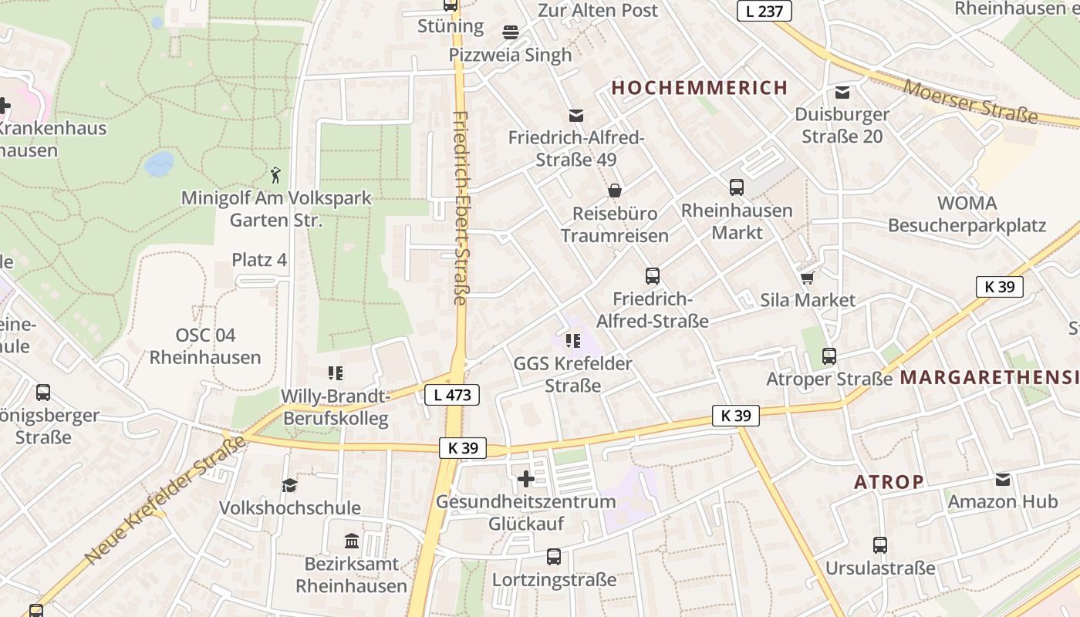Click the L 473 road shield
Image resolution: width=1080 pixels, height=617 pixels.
click(x=452, y=396)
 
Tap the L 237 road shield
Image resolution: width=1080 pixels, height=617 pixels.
click(x=764, y=11)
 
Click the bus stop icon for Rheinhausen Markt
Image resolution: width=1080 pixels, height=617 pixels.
click(x=737, y=187)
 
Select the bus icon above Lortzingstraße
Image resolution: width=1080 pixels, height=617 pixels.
click(x=554, y=556)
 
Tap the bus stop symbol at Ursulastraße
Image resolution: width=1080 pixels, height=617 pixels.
click(x=880, y=545)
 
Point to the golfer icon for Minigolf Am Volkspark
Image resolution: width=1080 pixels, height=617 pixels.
click(x=275, y=175)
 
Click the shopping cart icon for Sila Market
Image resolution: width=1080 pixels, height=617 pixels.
click(x=808, y=278)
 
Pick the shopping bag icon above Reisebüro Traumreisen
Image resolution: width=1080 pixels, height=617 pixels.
click(x=615, y=190)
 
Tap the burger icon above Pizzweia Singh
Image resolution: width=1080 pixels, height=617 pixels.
click(x=510, y=32)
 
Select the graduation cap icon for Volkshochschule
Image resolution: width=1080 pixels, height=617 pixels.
click(x=289, y=485)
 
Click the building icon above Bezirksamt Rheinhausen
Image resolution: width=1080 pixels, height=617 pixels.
click(x=352, y=541)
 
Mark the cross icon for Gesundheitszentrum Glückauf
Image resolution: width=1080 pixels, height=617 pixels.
click(x=526, y=479)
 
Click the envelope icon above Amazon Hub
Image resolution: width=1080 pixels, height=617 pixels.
click(x=1003, y=480)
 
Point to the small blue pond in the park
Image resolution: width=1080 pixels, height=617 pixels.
click(x=160, y=163)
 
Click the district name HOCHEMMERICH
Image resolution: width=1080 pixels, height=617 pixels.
click(x=700, y=88)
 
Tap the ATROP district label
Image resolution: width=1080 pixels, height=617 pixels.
click(x=889, y=482)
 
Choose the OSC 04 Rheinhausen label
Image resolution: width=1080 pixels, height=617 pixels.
click(x=205, y=346)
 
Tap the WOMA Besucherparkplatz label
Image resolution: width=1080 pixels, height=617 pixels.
click(x=967, y=214)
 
